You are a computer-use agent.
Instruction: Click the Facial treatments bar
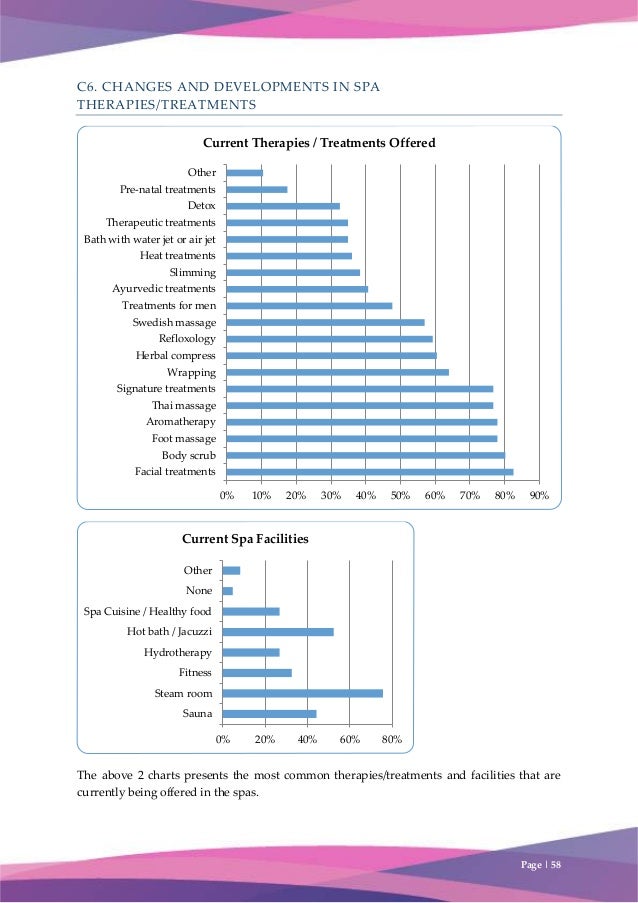369,471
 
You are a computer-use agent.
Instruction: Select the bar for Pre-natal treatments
257,189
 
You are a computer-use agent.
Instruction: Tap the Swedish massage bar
325,322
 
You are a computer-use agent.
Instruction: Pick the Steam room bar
302,693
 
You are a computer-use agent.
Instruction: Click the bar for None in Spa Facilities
228,591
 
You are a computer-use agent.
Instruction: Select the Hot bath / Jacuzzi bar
278,632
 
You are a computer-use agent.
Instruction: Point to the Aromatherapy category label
181,422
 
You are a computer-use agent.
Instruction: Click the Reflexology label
187,339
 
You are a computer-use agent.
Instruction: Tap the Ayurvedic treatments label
164,289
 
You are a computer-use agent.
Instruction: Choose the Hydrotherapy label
178,653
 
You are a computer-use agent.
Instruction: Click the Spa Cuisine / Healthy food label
147,611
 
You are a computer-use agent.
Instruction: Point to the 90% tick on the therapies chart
539,495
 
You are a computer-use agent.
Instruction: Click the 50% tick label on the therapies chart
400,495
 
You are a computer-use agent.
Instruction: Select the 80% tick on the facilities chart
392,739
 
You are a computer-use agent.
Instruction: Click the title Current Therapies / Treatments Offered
319,143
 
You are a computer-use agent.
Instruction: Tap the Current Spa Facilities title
245,539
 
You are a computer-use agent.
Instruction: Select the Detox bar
283,206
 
